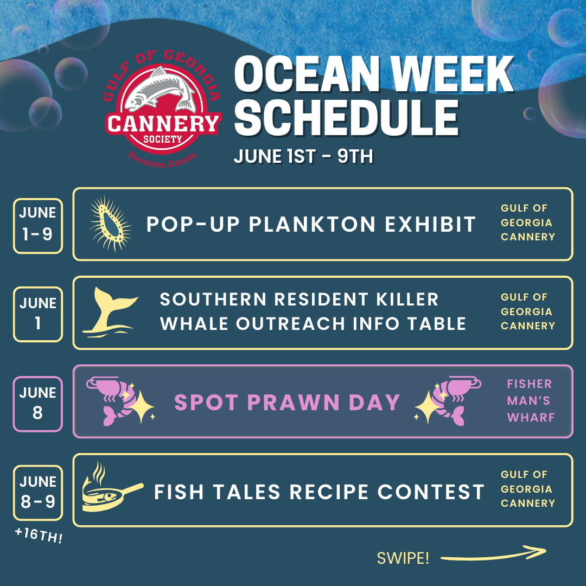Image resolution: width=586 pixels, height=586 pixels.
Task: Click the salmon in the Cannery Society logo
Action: [x=161, y=90]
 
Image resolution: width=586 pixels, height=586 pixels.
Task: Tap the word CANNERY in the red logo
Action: [x=163, y=124]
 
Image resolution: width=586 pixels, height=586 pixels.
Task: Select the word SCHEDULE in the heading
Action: [x=347, y=118]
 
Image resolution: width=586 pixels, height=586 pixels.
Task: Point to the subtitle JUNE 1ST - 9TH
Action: [x=303, y=156]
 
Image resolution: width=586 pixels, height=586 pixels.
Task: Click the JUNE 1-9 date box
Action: [x=38, y=226]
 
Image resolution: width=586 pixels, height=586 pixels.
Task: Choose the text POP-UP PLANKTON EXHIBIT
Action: [x=311, y=225]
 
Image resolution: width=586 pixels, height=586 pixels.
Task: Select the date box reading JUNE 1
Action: [x=38, y=314]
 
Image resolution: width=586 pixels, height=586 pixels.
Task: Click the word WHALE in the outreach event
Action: [x=194, y=323]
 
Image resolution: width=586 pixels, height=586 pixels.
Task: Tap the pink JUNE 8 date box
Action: [x=38, y=404]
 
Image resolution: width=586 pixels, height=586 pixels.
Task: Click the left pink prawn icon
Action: [x=119, y=400]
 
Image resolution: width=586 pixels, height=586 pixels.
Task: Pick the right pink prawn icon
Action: [x=448, y=400]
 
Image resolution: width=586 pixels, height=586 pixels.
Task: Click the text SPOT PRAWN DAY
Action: [x=287, y=403]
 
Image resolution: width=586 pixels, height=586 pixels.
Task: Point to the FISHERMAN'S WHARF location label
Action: [x=531, y=400]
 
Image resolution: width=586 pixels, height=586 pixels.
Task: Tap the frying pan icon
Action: [x=112, y=488]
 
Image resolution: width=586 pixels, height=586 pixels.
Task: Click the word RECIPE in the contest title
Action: [x=329, y=492]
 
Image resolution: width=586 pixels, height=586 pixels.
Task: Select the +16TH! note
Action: [x=39, y=535]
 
